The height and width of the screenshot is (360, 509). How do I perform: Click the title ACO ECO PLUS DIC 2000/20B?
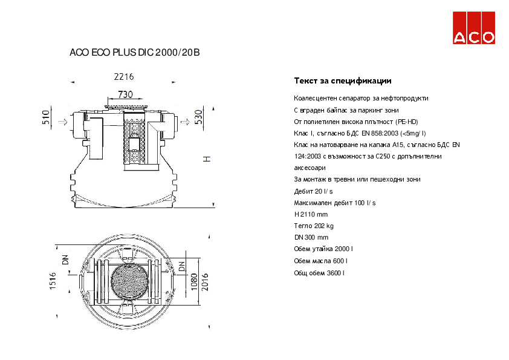click(x=135, y=53)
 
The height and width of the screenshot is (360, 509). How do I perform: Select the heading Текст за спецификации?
click(x=342, y=80)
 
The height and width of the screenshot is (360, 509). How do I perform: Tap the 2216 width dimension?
click(x=124, y=77)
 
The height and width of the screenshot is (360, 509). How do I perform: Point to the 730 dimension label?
click(x=125, y=94)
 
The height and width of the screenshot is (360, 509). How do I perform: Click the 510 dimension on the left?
click(x=46, y=117)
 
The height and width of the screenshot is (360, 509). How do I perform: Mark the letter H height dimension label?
click(x=206, y=159)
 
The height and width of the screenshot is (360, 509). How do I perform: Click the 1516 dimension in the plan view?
click(x=53, y=281)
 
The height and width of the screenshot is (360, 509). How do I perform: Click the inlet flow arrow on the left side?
click(x=62, y=122)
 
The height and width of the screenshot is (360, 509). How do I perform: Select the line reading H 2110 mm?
click(x=311, y=214)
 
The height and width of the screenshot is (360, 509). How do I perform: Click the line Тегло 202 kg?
click(x=313, y=226)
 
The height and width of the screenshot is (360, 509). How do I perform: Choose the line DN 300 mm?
click(x=311, y=237)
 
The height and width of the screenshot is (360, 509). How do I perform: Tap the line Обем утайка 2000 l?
click(x=323, y=249)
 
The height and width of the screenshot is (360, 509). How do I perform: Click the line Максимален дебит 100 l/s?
click(x=334, y=203)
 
